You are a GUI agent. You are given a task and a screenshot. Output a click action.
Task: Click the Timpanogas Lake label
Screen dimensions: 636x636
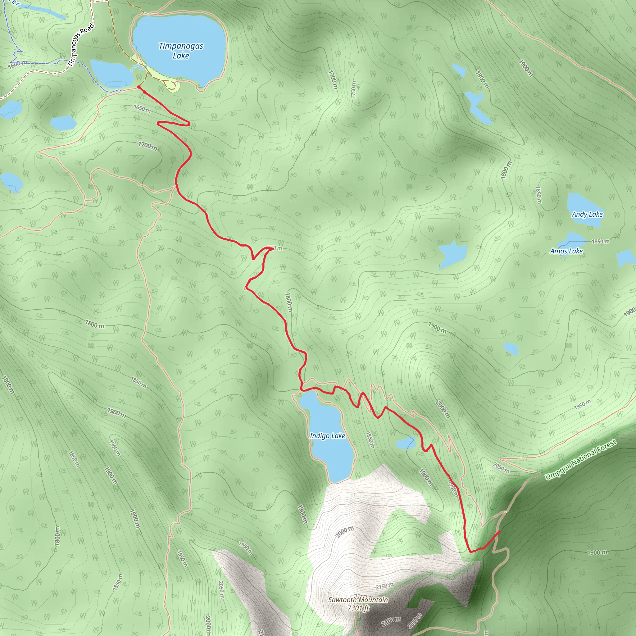pos(181,51)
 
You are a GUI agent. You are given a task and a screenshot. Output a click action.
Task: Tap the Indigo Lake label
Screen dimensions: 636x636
pos(327,436)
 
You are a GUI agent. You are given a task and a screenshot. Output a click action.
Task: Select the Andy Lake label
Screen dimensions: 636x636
pos(587,214)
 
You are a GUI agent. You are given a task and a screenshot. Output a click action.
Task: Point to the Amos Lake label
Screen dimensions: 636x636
pos(566,251)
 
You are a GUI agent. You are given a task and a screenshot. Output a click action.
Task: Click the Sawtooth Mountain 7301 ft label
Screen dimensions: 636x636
pos(358,604)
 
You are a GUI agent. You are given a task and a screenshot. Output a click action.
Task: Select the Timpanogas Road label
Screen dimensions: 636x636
pos(81,45)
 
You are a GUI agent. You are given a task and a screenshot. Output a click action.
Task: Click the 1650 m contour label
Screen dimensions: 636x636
pos(142,109)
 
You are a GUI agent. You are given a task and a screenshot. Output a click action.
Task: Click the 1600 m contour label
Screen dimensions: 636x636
pos(17,64)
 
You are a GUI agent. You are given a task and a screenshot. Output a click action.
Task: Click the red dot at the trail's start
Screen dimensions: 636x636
pos(139,87)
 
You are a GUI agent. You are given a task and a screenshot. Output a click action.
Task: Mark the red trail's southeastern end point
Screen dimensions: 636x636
pos(499,531)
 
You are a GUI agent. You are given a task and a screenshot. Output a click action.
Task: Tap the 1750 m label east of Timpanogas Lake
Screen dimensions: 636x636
pos(353,89)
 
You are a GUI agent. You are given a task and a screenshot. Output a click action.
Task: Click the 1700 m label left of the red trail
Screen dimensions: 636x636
pos(148,146)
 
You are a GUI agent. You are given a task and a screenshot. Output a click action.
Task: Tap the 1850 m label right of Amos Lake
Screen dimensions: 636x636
pos(601,242)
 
